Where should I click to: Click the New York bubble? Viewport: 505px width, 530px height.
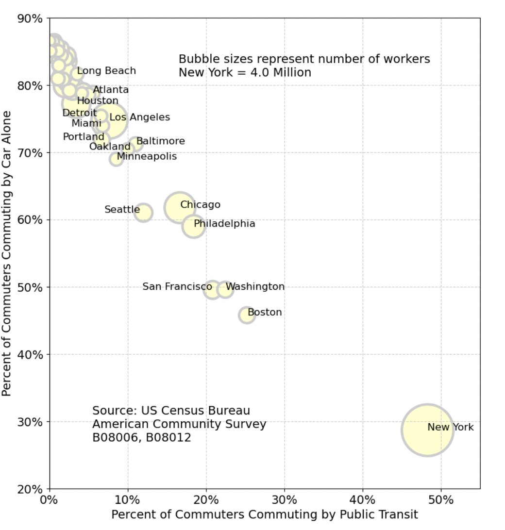click(427, 430)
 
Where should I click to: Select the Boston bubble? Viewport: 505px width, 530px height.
click(247, 315)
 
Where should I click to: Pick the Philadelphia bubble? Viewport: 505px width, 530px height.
click(193, 226)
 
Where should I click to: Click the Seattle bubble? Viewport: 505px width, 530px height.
click(143, 212)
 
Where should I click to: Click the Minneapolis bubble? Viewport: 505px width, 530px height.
click(116, 159)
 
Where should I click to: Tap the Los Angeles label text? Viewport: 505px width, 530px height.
click(139, 117)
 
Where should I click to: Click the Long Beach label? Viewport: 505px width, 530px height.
click(106, 71)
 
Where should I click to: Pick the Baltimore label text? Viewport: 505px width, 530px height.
click(160, 141)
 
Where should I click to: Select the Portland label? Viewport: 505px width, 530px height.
click(84, 137)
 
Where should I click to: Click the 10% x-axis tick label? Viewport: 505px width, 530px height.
click(127, 499)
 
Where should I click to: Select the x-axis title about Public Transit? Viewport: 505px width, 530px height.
click(265, 514)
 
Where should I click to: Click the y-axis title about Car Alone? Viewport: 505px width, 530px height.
click(7, 253)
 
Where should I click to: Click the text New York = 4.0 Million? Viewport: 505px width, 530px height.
click(245, 73)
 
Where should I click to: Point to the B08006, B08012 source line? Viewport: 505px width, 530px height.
click(141, 437)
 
